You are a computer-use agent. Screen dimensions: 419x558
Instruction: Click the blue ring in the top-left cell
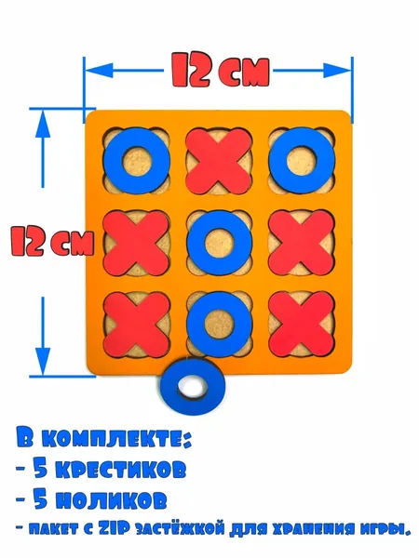click(x=111, y=161)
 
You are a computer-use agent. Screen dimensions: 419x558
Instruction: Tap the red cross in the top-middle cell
click(x=219, y=161)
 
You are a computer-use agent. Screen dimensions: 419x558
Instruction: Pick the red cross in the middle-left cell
click(x=136, y=243)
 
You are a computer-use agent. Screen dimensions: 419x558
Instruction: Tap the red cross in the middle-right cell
click(x=302, y=243)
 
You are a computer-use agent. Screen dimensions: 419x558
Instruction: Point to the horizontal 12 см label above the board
click(x=220, y=70)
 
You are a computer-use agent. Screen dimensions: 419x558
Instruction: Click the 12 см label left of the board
click(x=52, y=241)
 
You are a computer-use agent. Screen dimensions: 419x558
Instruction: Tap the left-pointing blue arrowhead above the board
click(x=99, y=71)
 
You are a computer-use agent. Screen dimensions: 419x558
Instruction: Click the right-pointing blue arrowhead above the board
click(x=337, y=71)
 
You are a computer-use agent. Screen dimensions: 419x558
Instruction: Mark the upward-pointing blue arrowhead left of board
click(x=43, y=124)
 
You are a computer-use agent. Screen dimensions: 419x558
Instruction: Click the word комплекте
click(x=115, y=440)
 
